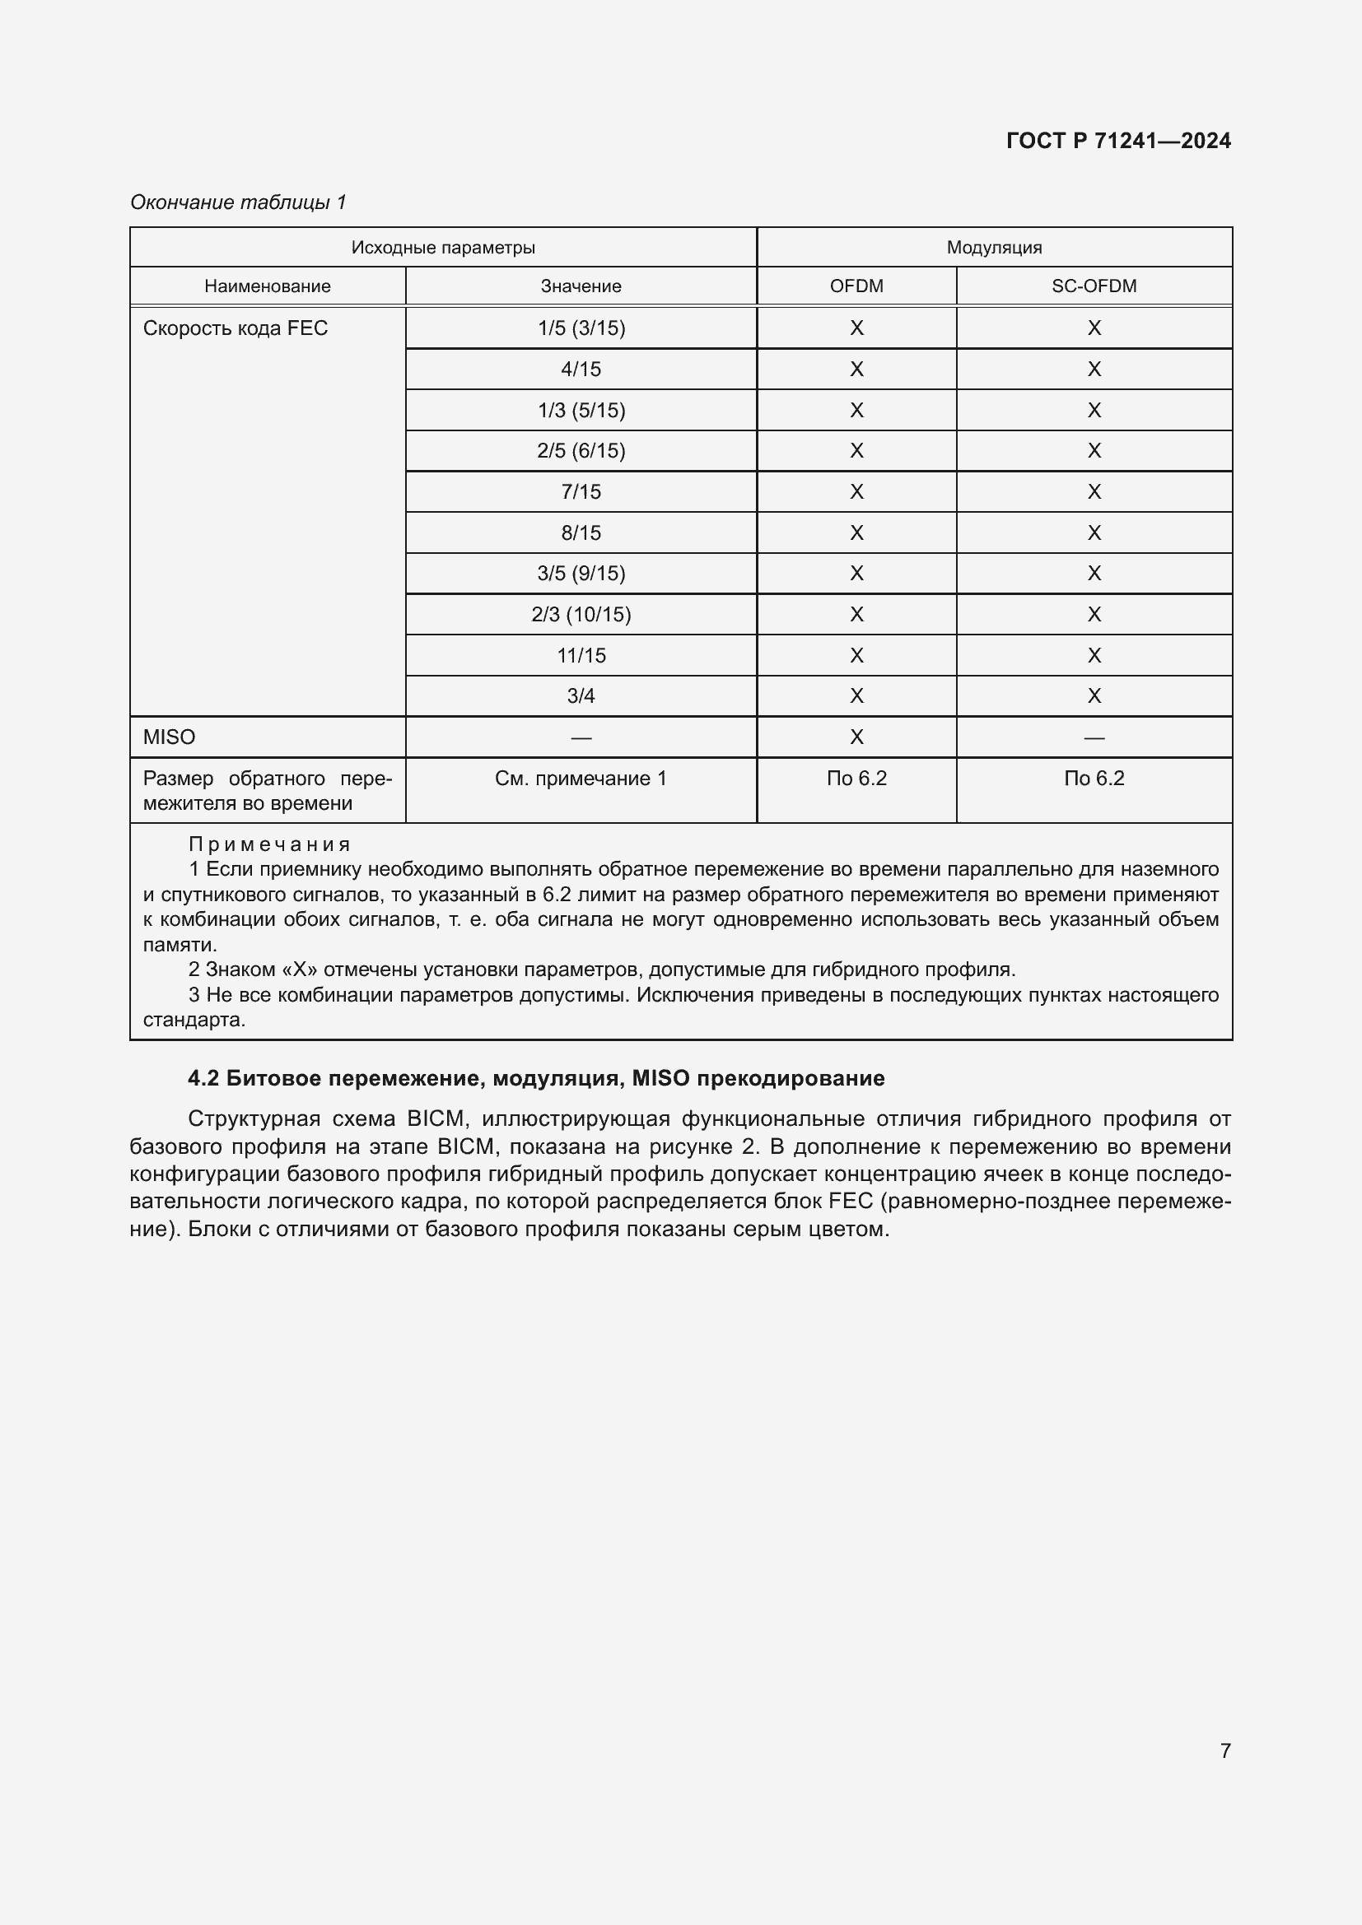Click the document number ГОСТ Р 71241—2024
tap(1118, 141)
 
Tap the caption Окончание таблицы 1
tap(238, 202)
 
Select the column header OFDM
tap(856, 286)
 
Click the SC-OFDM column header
tap(1094, 286)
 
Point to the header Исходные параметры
tap(443, 248)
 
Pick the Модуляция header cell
tap(994, 248)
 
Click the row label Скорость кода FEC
tap(235, 328)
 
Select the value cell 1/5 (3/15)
tap(581, 328)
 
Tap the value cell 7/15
tap(581, 491)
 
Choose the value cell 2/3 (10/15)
tap(581, 615)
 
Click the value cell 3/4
tap(581, 696)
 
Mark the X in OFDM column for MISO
tap(856, 737)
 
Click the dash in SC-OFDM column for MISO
tap(1094, 737)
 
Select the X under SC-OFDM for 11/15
tap(1094, 656)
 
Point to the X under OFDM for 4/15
tap(856, 369)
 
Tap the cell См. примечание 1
tap(581, 778)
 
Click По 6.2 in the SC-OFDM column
tap(1094, 778)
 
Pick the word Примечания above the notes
tap(269, 844)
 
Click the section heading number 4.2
tap(203, 1078)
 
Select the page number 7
tap(1225, 1751)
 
